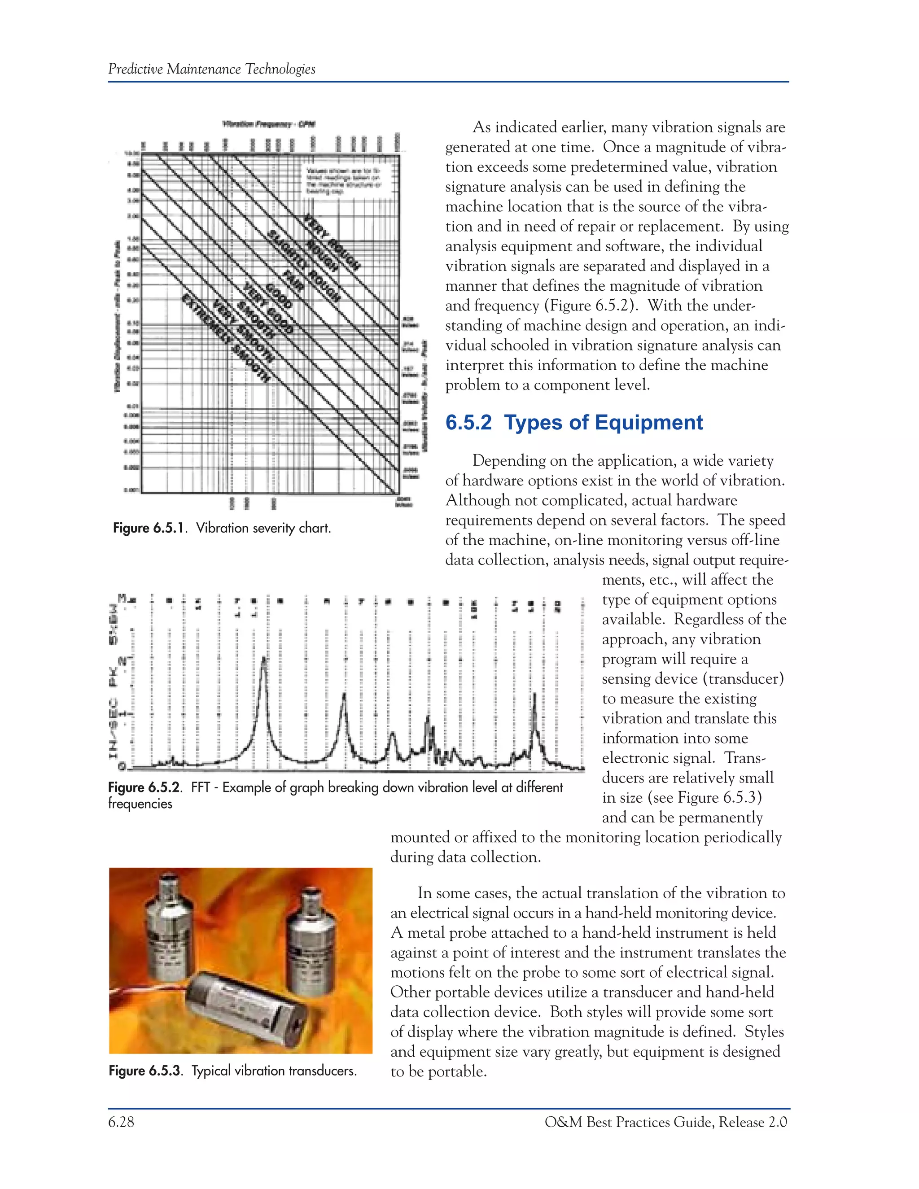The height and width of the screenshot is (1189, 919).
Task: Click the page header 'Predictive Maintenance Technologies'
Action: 211,69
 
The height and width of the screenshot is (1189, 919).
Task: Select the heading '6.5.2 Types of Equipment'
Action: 574,423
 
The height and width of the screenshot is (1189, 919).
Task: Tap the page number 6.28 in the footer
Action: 121,1122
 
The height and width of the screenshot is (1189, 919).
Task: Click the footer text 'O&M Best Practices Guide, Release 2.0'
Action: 665,1122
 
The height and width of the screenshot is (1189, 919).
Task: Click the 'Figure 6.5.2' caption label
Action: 144,787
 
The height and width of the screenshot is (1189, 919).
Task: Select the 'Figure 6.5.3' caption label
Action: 144,1071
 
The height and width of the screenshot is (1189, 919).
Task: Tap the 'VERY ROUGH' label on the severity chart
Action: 331,243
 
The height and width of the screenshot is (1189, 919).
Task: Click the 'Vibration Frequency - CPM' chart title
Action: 269,124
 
